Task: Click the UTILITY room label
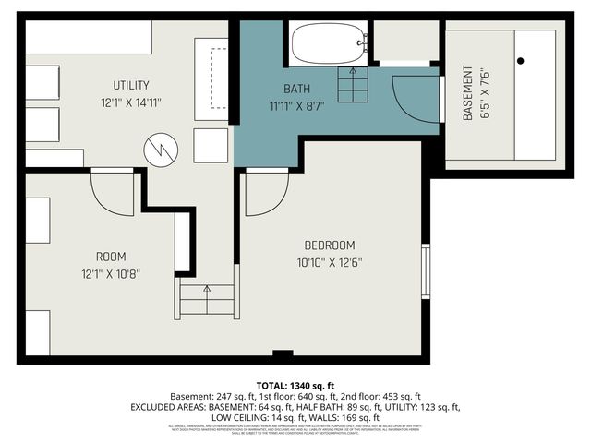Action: point(131,86)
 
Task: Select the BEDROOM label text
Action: point(330,245)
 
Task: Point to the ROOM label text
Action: point(111,257)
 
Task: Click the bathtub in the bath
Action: point(329,43)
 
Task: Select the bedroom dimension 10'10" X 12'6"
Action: point(330,262)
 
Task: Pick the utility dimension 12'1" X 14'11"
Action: point(131,102)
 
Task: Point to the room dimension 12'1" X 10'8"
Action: point(111,273)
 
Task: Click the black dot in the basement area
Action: point(521,61)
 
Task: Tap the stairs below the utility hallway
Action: point(205,301)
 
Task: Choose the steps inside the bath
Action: point(351,85)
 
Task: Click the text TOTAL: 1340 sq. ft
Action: point(295,385)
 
